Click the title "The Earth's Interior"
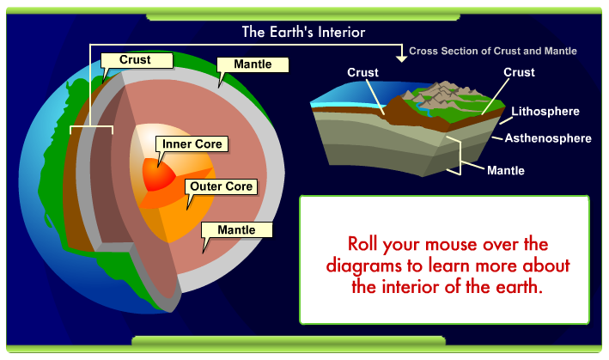[x=303, y=32]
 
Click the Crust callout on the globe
[x=136, y=60]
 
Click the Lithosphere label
[x=545, y=112]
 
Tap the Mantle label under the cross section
[x=505, y=170]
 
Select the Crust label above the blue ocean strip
[x=363, y=73]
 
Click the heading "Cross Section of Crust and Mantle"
[x=492, y=52]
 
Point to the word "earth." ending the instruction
[x=518, y=287]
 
